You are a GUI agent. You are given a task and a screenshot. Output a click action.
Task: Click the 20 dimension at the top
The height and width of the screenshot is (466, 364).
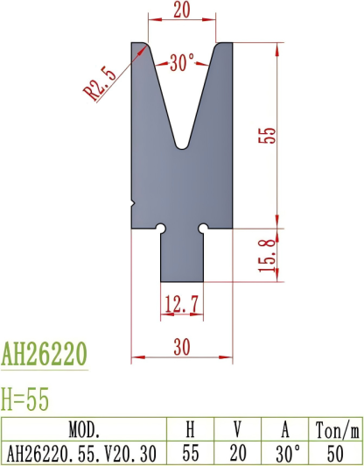click(x=182, y=11)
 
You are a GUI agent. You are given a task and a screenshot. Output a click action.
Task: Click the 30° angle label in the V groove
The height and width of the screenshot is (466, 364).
click(x=182, y=63)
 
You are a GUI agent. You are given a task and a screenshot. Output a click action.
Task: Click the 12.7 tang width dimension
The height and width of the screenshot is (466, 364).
click(x=181, y=304)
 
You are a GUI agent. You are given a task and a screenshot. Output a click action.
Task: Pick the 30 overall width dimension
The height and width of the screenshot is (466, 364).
click(x=181, y=347)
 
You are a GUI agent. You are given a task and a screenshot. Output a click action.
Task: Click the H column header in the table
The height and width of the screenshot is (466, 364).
click(x=192, y=430)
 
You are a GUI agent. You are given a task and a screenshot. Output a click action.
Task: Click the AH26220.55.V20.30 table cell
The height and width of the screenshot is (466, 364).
click(x=85, y=453)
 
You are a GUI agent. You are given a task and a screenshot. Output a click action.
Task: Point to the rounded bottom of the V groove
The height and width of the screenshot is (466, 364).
click(x=182, y=143)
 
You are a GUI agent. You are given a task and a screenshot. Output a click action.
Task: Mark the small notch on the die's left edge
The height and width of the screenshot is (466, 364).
click(x=133, y=202)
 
